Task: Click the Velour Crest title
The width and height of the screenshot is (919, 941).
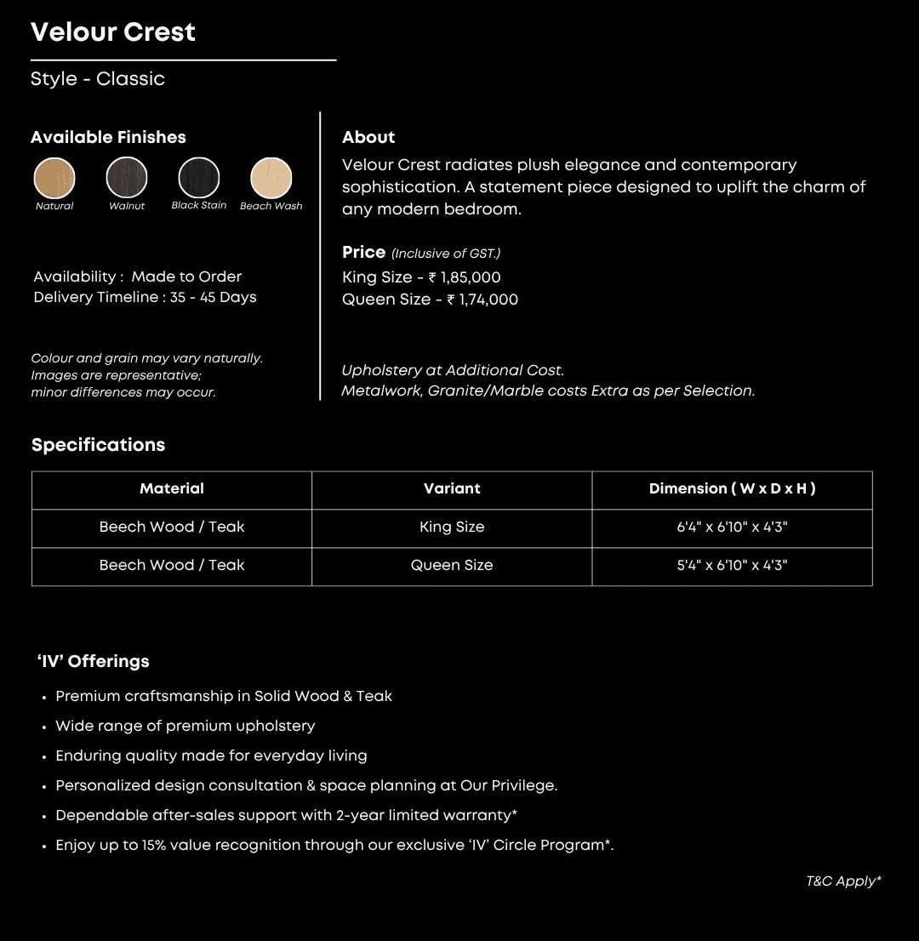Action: click(113, 32)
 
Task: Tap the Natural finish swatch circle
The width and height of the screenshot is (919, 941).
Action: click(54, 178)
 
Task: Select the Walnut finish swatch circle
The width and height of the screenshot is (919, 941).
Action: click(127, 178)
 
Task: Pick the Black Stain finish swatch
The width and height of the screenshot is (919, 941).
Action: click(198, 178)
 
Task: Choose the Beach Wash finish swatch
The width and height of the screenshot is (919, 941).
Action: click(271, 178)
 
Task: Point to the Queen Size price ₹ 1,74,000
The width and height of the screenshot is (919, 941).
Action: click(482, 299)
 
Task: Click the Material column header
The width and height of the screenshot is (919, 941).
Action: click(172, 489)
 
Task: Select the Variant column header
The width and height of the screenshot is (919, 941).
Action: click(452, 489)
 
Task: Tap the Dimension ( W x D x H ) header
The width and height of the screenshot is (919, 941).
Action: click(732, 489)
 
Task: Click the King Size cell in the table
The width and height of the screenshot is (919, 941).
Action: click(452, 528)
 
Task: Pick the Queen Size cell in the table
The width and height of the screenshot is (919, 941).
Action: click(452, 566)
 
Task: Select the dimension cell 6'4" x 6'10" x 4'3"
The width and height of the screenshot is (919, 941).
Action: click(732, 528)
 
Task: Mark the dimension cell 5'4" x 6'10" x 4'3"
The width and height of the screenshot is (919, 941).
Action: click(732, 566)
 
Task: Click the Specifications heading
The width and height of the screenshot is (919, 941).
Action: click(99, 445)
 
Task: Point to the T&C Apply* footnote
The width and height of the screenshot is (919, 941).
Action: click(843, 881)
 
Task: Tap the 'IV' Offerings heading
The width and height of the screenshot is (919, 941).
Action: click(93, 662)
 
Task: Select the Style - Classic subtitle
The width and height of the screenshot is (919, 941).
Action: click(98, 79)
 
